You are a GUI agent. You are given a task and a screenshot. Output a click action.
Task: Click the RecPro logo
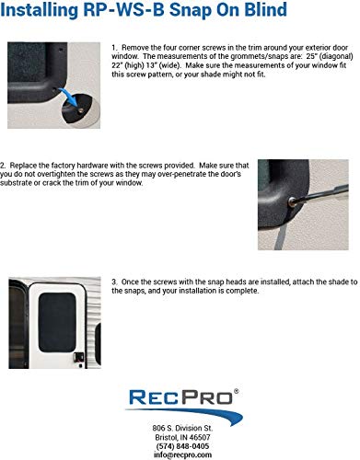180,402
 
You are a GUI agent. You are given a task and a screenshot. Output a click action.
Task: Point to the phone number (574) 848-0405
180,446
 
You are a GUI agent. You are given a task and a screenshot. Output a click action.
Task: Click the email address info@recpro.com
180,455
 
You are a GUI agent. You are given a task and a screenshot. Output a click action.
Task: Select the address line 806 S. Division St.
180,429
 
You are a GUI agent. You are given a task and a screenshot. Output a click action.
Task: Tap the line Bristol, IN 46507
180,438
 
